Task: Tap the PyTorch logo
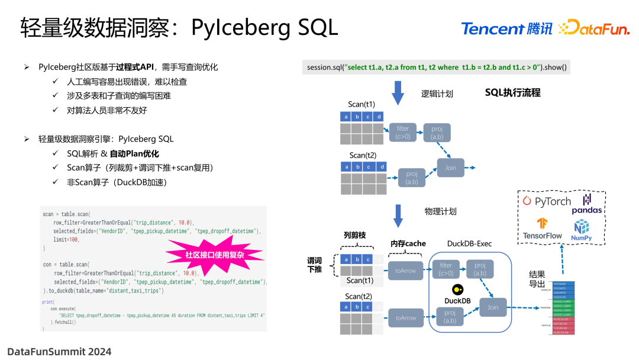tap(546, 201)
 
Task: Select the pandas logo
tap(586, 204)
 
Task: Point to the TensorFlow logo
tap(542, 229)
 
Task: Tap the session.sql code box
tap(436, 67)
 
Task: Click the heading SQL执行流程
tap(512, 92)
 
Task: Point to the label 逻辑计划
tap(437, 94)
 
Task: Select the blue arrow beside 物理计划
tap(398, 214)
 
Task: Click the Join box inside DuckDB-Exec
tap(493, 307)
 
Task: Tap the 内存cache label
tap(408, 244)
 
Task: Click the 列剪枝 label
tap(354, 235)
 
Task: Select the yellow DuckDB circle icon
tap(457, 290)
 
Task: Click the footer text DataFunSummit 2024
tap(59, 351)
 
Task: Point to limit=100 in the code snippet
tap(66, 239)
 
